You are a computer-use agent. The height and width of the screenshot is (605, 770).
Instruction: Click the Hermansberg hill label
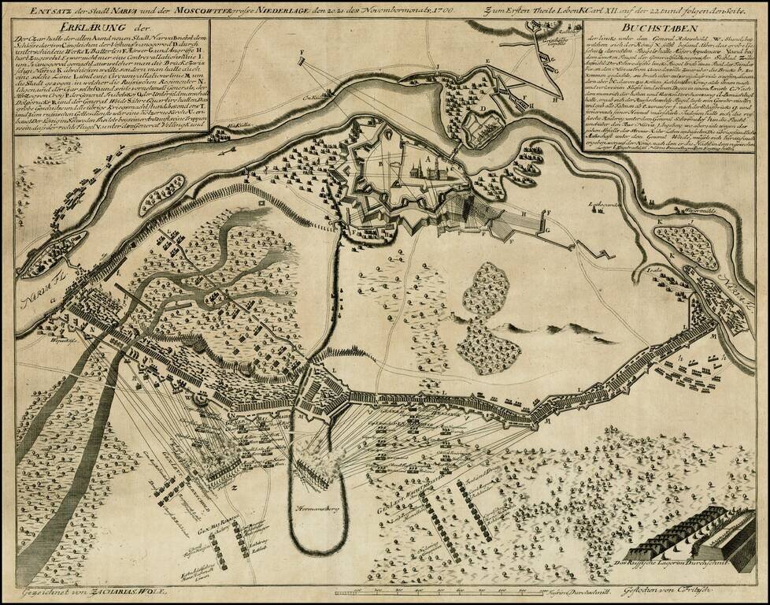point(317,507)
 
